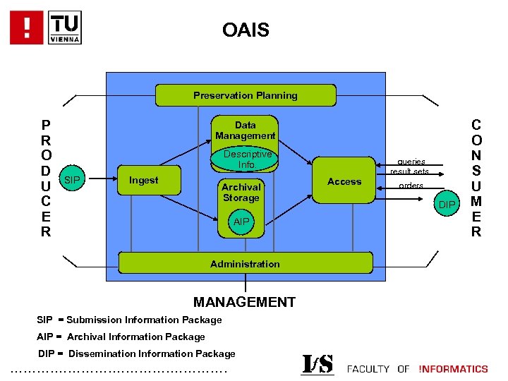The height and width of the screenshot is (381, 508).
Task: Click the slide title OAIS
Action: pyautogui.click(x=245, y=30)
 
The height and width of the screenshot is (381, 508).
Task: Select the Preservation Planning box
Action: pyautogui.click(x=246, y=95)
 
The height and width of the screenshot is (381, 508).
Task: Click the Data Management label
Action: pyautogui.click(x=246, y=130)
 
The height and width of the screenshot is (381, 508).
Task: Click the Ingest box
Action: pyautogui.click(x=145, y=181)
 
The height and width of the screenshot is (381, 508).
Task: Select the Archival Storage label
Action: pyautogui.click(x=241, y=192)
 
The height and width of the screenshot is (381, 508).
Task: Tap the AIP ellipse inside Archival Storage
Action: pyautogui.click(x=241, y=222)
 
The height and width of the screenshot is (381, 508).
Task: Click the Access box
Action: pyautogui.click(x=344, y=181)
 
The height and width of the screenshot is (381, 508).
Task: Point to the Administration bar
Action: pyautogui.click(x=245, y=263)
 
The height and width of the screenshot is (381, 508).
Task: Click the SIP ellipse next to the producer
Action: pyautogui.click(x=71, y=181)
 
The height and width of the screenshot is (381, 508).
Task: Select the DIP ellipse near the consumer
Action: pyautogui.click(x=447, y=205)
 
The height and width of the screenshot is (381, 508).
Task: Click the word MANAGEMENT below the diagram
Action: pyautogui.click(x=244, y=302)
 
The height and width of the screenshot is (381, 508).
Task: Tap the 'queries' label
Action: pyautogui.click(x=411, y=161)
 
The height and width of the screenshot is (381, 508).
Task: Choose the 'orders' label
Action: pyautogui.click(x=411, y=186)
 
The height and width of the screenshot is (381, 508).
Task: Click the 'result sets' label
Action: pyautogui.click(x=409, y=171)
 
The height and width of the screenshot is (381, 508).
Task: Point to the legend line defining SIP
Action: pyautogui.click(x=129, y=320)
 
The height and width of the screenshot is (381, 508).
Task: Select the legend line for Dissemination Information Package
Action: pyautogui.click(x=137, y=353)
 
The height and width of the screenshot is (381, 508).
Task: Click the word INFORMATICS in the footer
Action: pyautogui.click(x=453, y=368)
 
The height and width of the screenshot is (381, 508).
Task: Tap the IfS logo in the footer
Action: pyautogui.click(x=317, y=364)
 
